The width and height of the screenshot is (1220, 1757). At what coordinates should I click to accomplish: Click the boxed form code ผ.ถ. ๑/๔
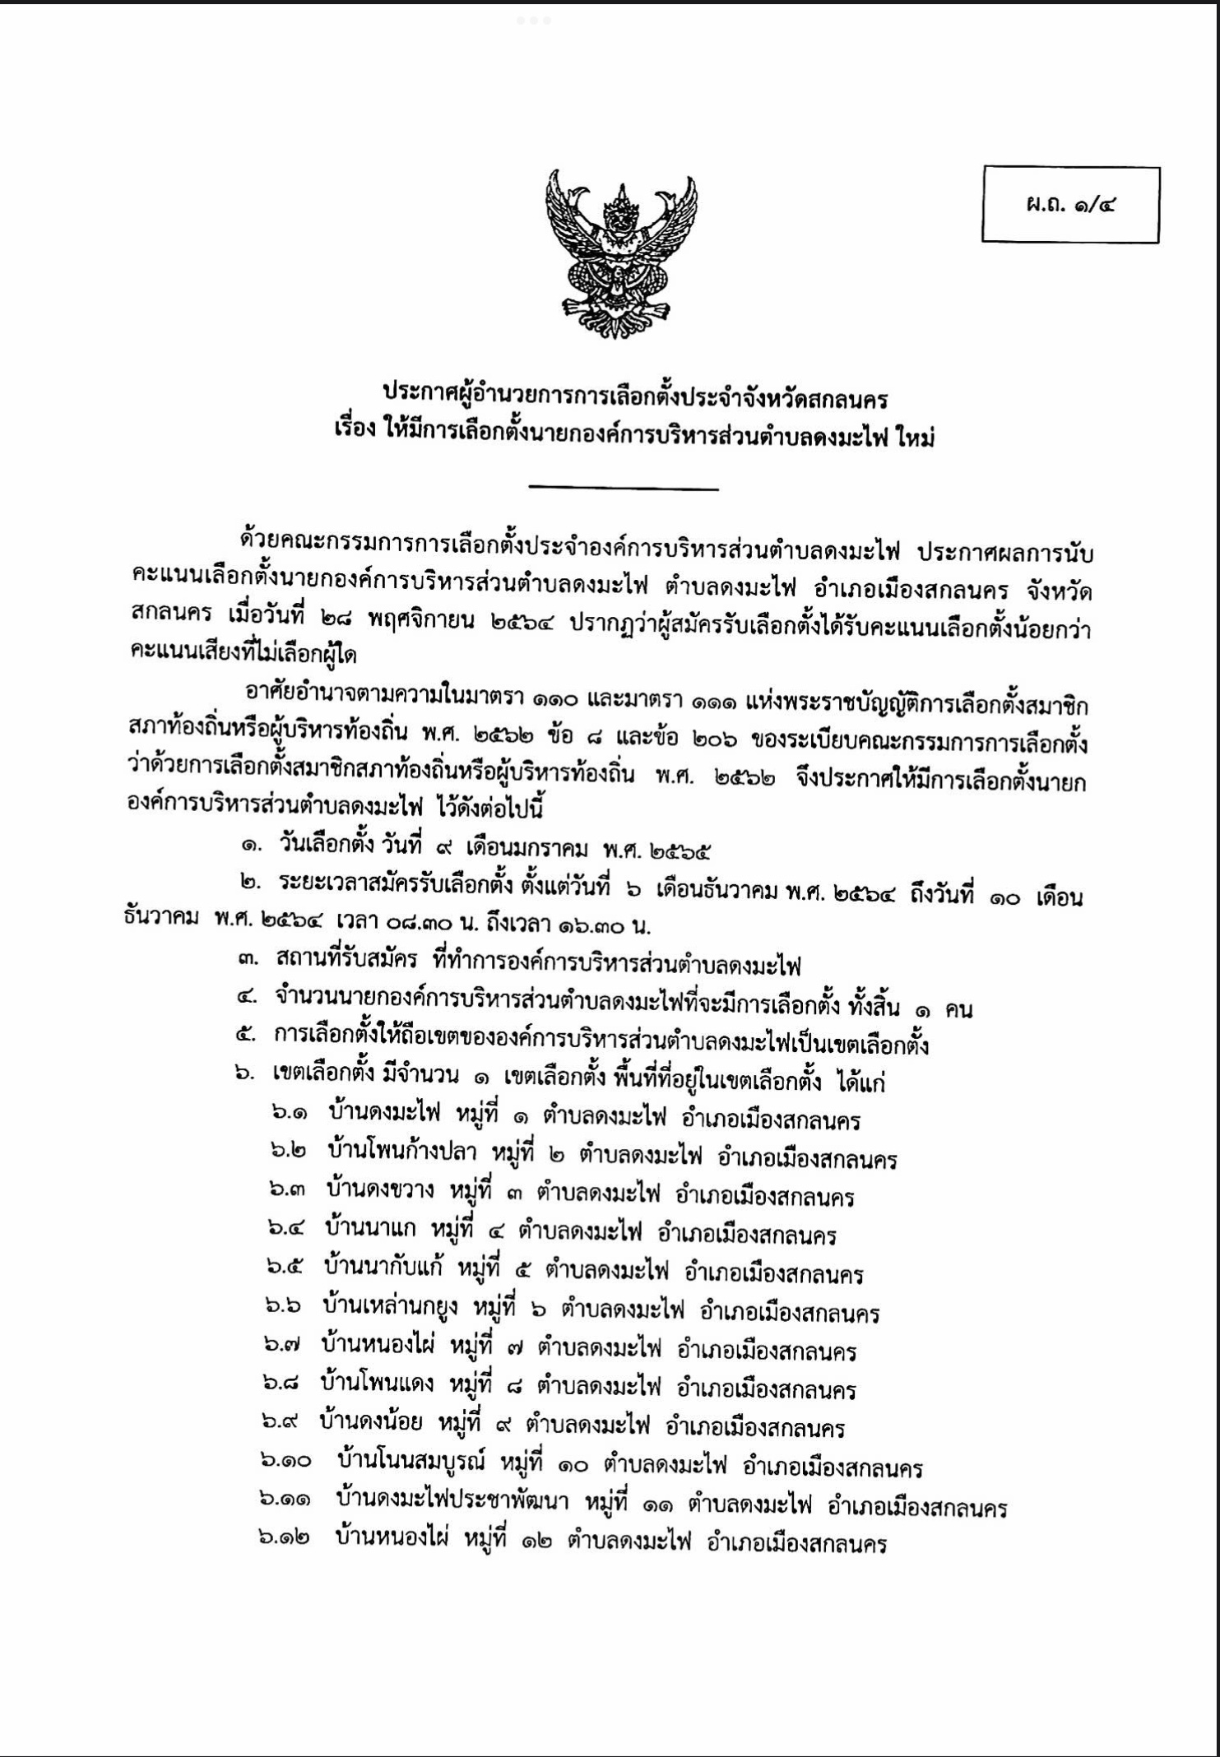(x=1070, y=205)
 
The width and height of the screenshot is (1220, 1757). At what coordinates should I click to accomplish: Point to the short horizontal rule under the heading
(x=624, y=489)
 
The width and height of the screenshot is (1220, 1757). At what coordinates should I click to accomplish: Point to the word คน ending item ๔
(x=958, y=1008)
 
